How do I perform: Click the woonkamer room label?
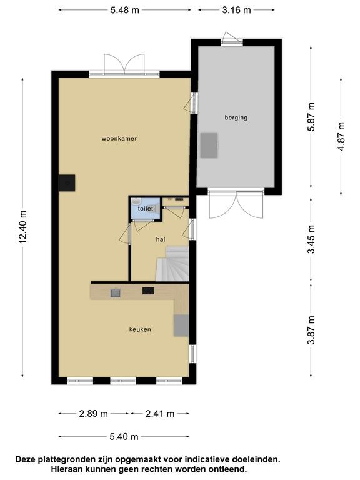click(x=119, y=138)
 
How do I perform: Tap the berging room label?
click(x=236, y=117)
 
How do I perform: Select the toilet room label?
click(x=146, y=209)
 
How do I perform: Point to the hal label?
click(x=161, y=239)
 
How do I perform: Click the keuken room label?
click(x=140, y=329)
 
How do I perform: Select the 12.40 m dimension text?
click(x=23, y=227)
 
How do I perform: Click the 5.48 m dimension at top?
click(x=125, y=10)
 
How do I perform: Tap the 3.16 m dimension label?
click(x=236, y=10)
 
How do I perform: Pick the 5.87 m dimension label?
click(x=311, y=117)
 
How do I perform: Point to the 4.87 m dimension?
click(x=341, y=136)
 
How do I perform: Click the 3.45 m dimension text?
click(x=311, y=239)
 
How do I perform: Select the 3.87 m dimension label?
click(x=311, y=330)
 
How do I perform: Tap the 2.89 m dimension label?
click(x=93, y=414)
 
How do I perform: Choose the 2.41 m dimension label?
click(x=160, y=414)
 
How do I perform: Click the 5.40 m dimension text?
click(x=124, y=436)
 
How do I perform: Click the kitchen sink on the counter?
click(x=116, y=293)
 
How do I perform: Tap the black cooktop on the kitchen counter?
click(x=148, y=291)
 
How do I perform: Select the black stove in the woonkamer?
click(x=67, y=182)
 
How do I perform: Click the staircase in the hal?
click(x=172, y=264)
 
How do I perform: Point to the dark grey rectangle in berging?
click(x=209, y=145)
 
